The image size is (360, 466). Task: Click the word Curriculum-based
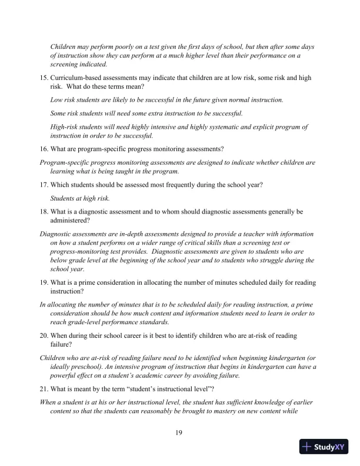tap(78, 78)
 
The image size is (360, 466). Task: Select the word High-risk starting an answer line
tap(66, 127)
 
